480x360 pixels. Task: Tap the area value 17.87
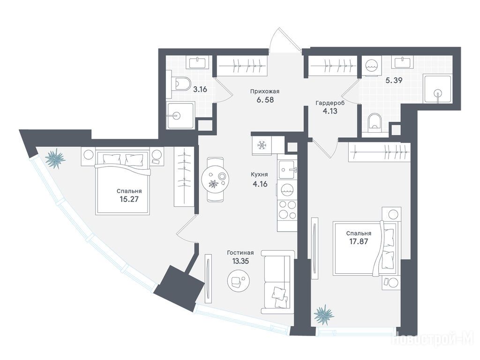pyautogui.click(x=359, y=241)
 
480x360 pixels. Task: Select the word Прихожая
pyautogui.click(x=265, y=91)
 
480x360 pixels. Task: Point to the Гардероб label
pyautogui.click(x=330, y=103)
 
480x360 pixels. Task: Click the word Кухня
pyautogui.click(x=259, y=174)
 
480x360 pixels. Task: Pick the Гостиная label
pyautogui.click(x=240, y=253)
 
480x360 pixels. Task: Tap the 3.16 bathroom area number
pyautogui.click(x=200, y=90)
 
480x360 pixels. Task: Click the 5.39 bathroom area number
pyautogui.click(x=393, y=81)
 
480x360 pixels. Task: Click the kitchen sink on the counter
pyautogui.click(x=287, y=169)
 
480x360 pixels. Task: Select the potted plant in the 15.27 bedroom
pyautogui.click(x=55, y=158)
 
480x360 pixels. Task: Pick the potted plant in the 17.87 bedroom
pyautogui.click(x=324, y=315)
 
